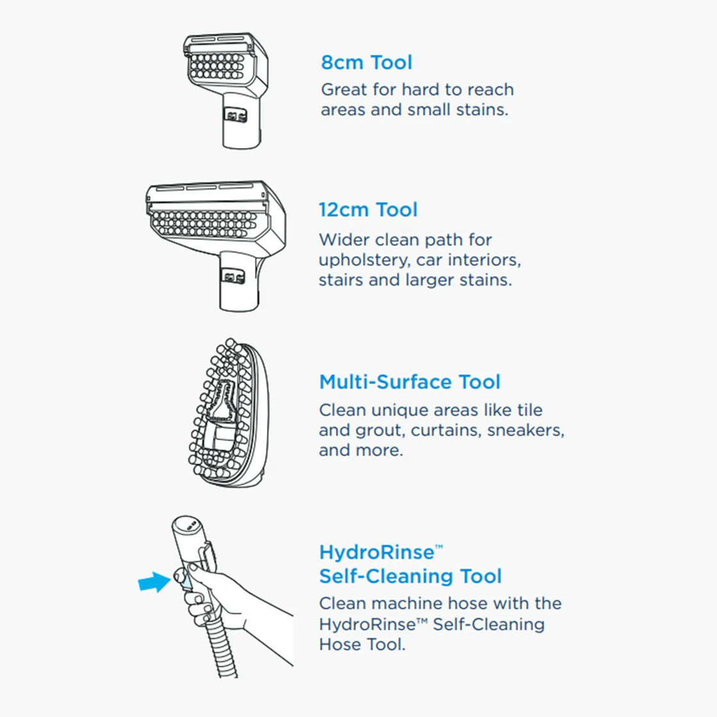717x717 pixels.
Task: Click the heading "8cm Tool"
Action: [366, 63]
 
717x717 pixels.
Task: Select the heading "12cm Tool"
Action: [368, 210]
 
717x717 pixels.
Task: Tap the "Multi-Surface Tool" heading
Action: [410, 382]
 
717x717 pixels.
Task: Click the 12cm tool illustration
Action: [216, 237]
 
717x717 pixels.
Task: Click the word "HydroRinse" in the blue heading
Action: [376, 552]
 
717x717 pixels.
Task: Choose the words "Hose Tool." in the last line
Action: [362, 644]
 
